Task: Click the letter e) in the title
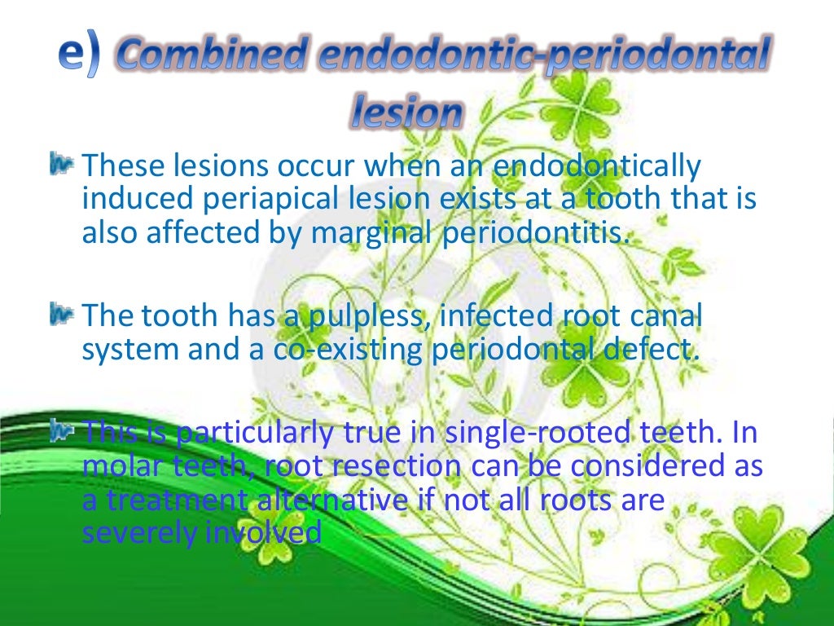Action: [x=78, y=55]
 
